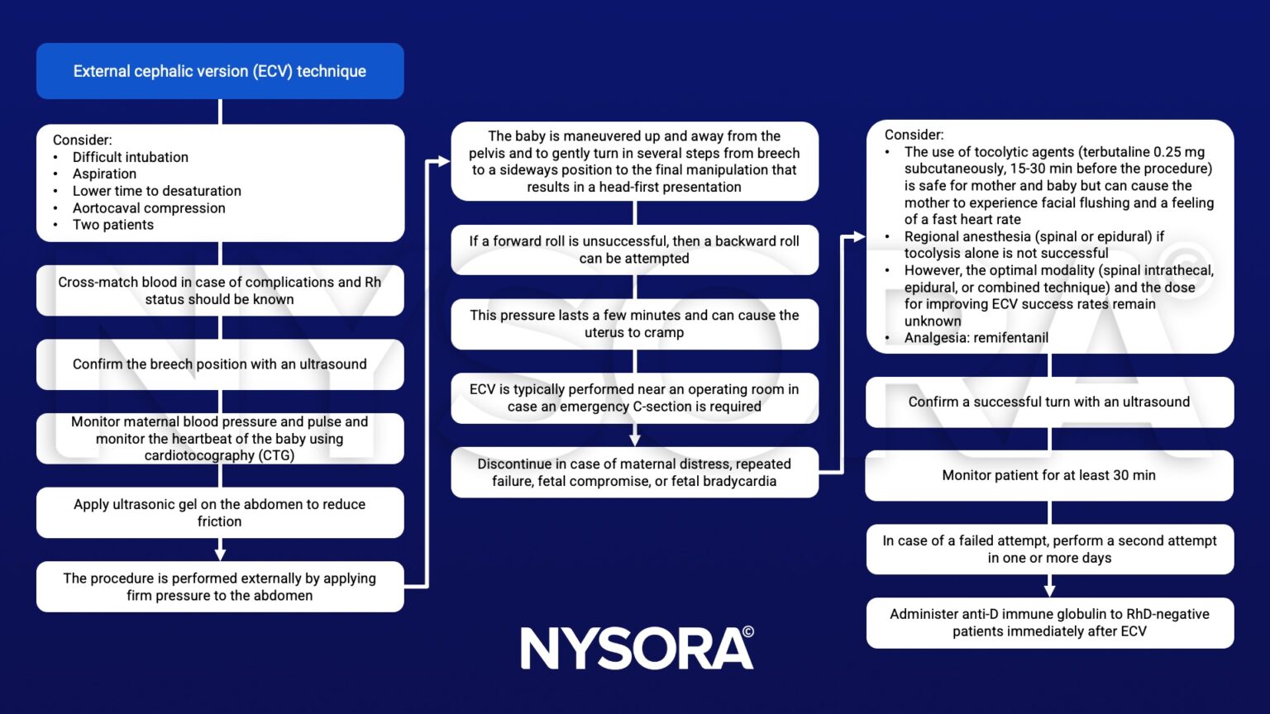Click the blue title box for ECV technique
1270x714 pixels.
point(220,71)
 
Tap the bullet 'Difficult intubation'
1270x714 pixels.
point(130,157)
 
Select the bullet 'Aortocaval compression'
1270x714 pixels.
point(149,208)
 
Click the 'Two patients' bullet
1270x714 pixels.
point(112,225)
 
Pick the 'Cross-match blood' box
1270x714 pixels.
point(220,291)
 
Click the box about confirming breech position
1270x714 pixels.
point(220,364)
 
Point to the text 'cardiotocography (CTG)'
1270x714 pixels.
point(220,455)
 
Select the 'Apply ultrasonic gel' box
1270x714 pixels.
point(220,512)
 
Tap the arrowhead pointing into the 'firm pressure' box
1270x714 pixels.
point(220,554)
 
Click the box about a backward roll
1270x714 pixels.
point(634,250)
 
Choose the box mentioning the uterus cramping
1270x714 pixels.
point(634,324)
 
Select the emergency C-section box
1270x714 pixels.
point(634,398)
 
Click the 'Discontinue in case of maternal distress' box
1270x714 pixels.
point(634,473)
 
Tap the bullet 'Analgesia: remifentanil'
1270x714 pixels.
point(976,338)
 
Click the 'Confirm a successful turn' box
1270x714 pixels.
point(1049,402)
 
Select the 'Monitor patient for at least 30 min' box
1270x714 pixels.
point(1049,475)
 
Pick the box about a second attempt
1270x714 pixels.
point(1049,550)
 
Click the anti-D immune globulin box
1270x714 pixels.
point(1049,623)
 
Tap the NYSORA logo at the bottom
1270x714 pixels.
point(637,648)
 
